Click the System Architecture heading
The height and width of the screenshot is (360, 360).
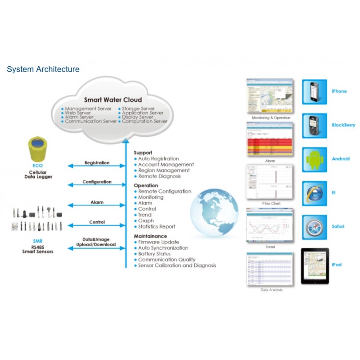coord(43,69)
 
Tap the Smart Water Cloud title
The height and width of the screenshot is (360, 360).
coord(113,100)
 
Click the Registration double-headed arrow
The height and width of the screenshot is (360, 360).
coord(97,166)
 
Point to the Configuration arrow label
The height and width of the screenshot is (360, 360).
coord(97,182)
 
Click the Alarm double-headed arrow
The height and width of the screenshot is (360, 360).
coord(97,205)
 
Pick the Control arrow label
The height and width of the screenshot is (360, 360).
coord(97,222)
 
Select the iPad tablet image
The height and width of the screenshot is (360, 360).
coord(315,265)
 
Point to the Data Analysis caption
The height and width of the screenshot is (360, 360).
coord(272,290)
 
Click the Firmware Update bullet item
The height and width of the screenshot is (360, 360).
coord(158,242)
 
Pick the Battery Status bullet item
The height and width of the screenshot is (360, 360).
coord(154,254)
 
